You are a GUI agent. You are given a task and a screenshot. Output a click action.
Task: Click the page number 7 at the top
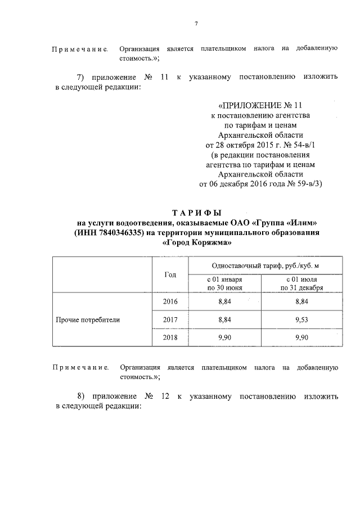pyautogui.click(x=196, y=23)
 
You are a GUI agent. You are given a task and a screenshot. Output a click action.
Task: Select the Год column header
pyautogui.click(x=170, y=274)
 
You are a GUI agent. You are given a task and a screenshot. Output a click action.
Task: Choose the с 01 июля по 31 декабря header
pyautogui.click(x=301, y=283)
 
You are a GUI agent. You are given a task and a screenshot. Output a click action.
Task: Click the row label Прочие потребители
pyautogui.click(x=88, y=319)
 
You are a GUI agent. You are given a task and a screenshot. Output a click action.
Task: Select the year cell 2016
pyautogui.click(x=170, y=302)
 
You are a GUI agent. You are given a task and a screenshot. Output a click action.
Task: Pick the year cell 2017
pyautogui.click(x=170, y=319)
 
